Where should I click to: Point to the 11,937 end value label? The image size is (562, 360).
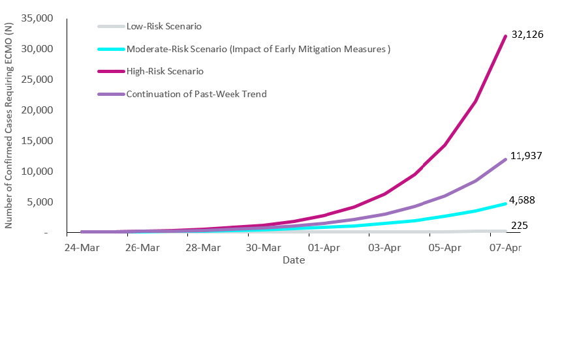point(527,156)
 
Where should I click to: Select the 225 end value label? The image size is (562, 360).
point(520,226)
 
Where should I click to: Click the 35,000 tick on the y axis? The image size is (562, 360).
point(36,18)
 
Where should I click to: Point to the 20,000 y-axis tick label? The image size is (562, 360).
point(36,110)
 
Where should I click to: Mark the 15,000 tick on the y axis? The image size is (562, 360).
point(36,141)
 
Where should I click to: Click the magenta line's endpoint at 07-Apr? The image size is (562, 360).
point(505,37)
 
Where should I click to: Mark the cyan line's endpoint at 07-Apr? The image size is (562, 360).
point(505,203)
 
